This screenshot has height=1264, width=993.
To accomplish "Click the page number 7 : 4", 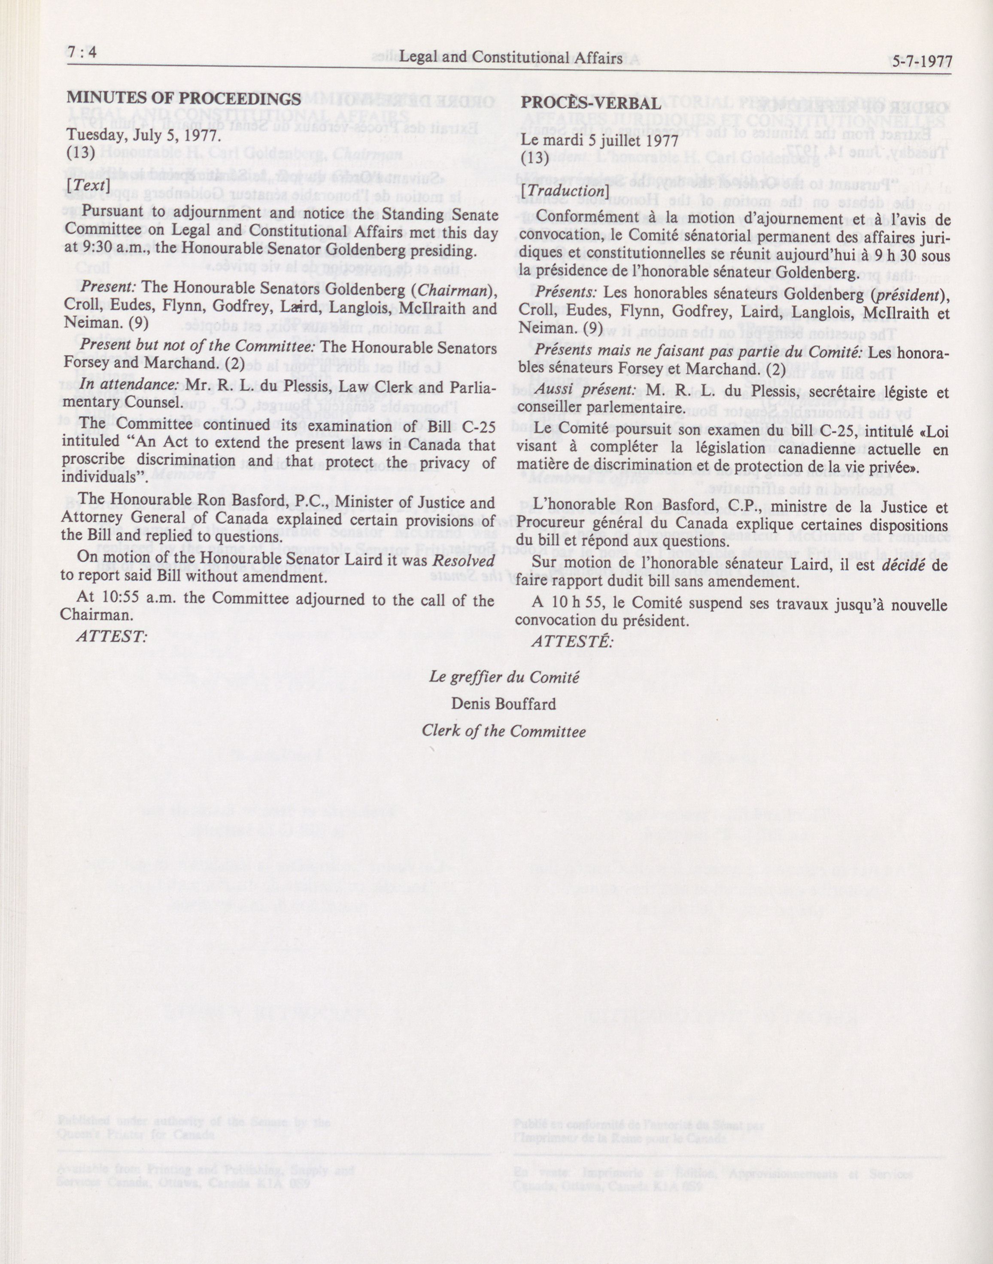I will pyautogui.click(x=82, y=54).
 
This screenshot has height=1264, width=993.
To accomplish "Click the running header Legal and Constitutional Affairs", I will pyautogui.click(x=511, y=57).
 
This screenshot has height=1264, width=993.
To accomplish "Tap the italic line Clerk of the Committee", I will pyautogui.click(x=504, y=730).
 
